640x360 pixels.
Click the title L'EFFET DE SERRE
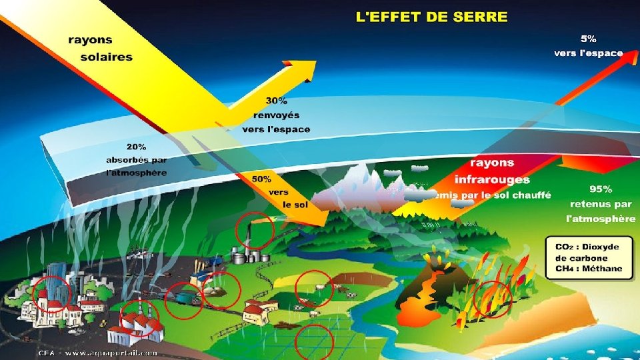(431, 17)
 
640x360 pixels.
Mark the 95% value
(601, 189)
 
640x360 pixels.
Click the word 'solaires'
(107, 57)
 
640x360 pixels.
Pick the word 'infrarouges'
(492, 179)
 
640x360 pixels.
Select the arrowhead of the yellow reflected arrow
(307, 67)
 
